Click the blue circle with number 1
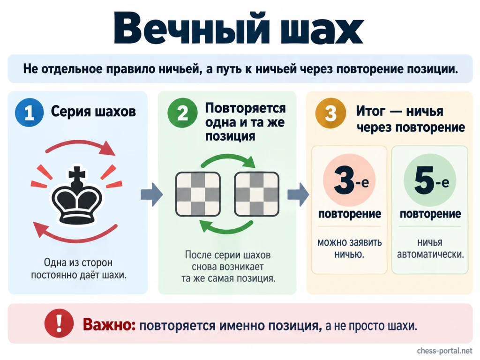pyautogui.click(x=29, y=112)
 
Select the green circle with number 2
pyautogui.click(x=182, y=112)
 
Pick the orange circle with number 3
pyautogui.click(x=330, y=112)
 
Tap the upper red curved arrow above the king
pyautogui.click(x=81, y=146)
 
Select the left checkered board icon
pyautogui.click(x=198, y=194)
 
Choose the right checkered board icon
pyautogui.click(x=256, y=194)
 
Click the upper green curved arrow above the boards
pyautogui.click(x=228, y=159)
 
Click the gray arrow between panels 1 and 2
pyautogui.click(x=152, y=195)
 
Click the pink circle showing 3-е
pyautogui.click(x=349, y=180)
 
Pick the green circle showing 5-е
pyautogui.click(x=430, y=180)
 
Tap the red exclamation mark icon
pyautogui.click(x=59, y=323)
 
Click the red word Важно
pyautogui.click(x=109, y=324)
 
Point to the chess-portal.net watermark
pyautogui.click(x=445, y=351)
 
